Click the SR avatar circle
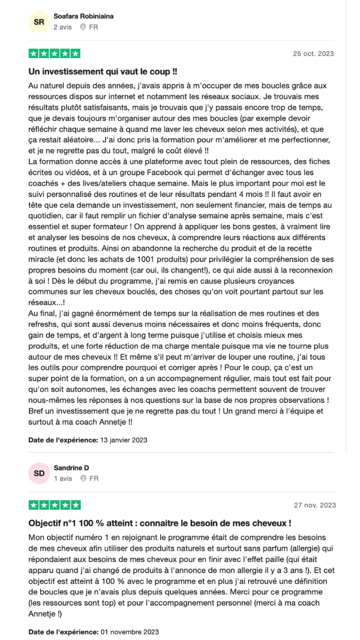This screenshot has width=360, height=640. point(39,22)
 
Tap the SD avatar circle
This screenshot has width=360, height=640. point(39,474)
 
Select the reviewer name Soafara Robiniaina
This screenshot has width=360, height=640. point(84,16)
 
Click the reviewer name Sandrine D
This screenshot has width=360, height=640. point(71,468)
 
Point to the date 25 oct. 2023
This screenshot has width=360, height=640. point(313,54)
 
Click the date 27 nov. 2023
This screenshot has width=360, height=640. point(315,506)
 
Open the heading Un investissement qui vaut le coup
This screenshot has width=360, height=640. point(103,72)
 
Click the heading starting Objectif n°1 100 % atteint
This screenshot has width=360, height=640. point(160,523)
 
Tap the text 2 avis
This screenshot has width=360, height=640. point(62,28)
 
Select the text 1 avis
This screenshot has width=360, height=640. point(62,479)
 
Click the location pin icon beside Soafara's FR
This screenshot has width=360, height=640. point(83,28)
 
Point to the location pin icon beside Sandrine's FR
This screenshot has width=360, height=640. point(83,479)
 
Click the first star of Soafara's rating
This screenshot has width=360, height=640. point(34,54)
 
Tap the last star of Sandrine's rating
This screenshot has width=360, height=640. point(75,506)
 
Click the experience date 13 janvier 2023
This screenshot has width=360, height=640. point(123,440)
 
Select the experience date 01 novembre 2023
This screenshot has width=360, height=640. point(129,632)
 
